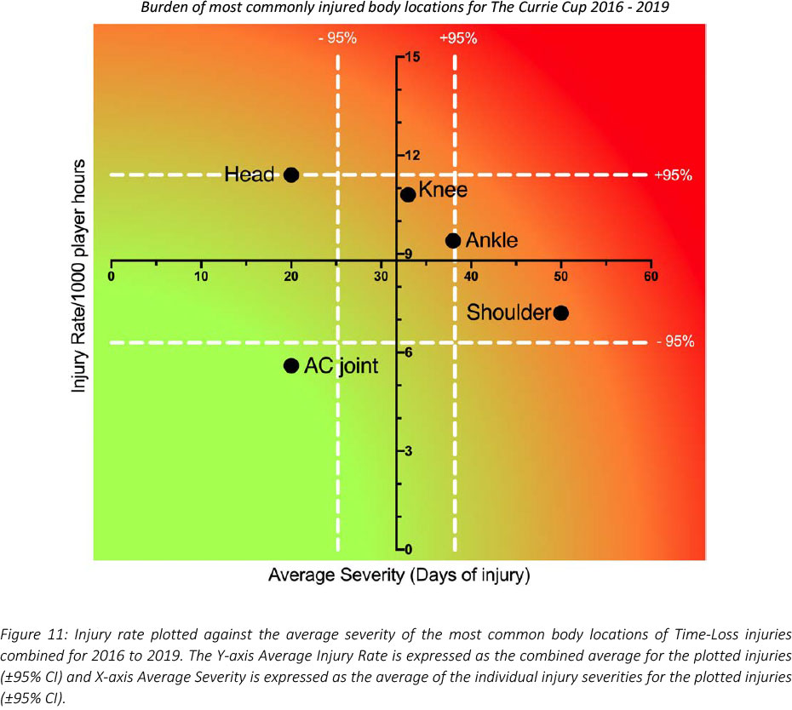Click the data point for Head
point(291,175)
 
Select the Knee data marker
point(408,194)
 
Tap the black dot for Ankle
point(453,240)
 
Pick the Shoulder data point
point(560,312)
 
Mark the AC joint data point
point(291,365)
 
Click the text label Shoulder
point(508,312)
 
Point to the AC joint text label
point(341,366)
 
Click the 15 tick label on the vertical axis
point(413,58)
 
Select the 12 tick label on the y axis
point(413,156)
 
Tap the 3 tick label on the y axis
point(409,450)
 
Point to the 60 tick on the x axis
point(651,276)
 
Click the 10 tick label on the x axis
point(201,276)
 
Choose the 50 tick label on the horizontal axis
point(560,276)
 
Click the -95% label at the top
point(337,38)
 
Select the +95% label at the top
point(457,38)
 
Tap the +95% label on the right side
point(673,175)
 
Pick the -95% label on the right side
point(674,342)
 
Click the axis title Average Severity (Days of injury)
point(399,575)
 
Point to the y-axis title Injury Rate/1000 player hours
point(80,275)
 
